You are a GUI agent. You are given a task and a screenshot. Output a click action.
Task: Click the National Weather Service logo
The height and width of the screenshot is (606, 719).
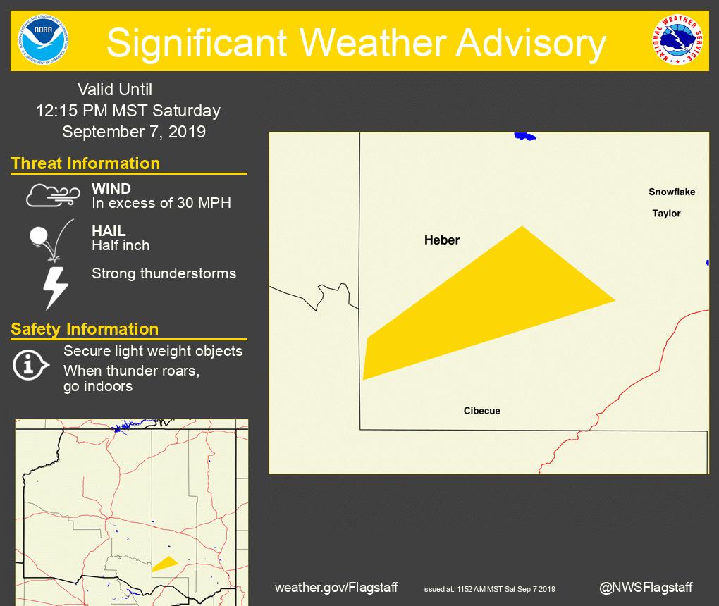[677, 41]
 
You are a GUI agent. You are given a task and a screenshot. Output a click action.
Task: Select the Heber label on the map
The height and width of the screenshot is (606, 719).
[442, 240]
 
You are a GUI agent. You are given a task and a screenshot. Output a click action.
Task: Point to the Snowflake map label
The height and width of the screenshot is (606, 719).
[672, 192]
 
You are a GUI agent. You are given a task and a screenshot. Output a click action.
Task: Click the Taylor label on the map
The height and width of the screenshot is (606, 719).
[666, 214]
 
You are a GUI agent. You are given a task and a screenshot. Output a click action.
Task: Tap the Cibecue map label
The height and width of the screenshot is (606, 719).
[482, 411]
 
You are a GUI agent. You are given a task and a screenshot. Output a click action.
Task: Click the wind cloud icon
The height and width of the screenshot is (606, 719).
[53, 196]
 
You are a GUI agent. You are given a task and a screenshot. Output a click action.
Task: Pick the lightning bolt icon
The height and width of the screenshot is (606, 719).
[56, 287]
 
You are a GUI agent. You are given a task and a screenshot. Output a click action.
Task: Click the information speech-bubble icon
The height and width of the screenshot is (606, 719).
[30, 364]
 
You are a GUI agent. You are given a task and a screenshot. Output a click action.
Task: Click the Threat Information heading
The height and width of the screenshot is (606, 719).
[85, 163]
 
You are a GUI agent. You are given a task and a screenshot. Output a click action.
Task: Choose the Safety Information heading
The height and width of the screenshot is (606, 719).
[85, 329]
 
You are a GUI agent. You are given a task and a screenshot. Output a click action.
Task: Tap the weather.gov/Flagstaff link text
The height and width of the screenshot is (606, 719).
[336, 587]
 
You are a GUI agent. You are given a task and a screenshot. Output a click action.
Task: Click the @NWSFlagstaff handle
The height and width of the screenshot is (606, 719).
[646, 587]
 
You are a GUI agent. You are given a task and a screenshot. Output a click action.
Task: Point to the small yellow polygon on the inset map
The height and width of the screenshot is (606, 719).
[165, 563]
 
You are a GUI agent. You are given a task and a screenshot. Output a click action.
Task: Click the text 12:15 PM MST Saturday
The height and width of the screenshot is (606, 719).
[128, 111]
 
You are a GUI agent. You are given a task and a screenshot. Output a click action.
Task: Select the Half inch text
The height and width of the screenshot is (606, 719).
[121, 245]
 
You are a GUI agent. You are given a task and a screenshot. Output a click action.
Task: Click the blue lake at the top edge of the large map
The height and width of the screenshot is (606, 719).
[524, 136]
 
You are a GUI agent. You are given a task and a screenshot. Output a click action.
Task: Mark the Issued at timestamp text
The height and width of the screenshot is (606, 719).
[489, 589]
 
